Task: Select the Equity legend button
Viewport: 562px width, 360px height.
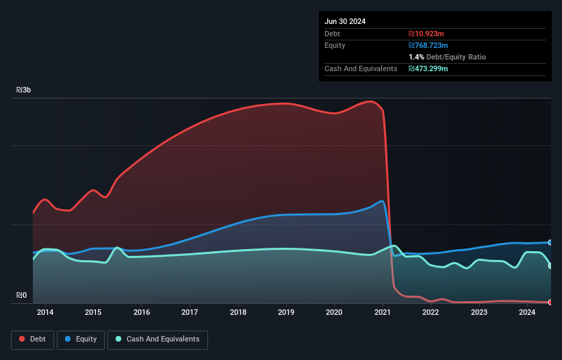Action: [x=81, y=339]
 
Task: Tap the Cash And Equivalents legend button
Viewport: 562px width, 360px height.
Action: [x=157, y=339]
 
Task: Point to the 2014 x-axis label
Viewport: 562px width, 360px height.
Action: [x=45, y=313]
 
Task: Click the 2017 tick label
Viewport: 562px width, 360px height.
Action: [x=190, y=313]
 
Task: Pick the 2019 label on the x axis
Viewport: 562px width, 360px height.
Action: [x=286, y=313]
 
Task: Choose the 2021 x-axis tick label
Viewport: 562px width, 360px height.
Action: [x=383, y=313]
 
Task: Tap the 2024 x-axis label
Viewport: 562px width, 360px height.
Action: [x=527, y=313]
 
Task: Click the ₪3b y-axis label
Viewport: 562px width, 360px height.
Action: [x=24, y=90]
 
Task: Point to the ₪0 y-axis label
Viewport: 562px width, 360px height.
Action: [x=22, y=296]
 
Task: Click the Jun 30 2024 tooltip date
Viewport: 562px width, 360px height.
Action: [x=345, y=21]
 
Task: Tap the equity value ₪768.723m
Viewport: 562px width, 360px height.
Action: [x=429, y=45]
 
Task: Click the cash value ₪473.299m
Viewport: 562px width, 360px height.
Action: [x=429, y=68]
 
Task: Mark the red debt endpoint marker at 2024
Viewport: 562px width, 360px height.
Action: [x=550, y=302]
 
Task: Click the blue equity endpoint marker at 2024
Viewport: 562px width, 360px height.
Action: [x=550, y=242]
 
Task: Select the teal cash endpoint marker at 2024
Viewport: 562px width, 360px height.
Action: [x=550, y=266]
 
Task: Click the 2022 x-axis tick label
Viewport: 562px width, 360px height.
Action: [x=431, y=313]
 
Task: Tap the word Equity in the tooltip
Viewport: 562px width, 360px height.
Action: [x=335, y=45]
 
